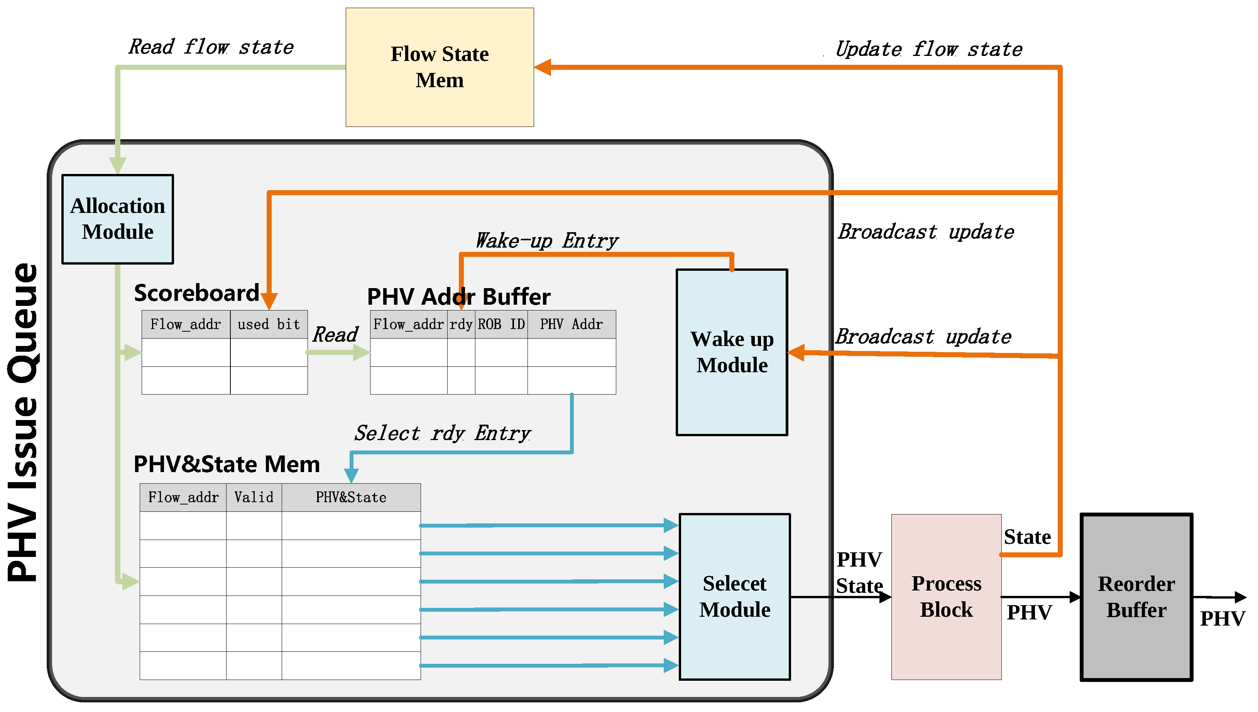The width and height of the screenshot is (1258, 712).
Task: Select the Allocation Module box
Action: pyautogui.click(x=117, y=219)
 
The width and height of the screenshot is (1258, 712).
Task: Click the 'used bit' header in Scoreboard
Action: pyautogui.click(x=269, y=324)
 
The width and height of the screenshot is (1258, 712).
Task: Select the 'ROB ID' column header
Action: pyautogui.click(x=501, y=324)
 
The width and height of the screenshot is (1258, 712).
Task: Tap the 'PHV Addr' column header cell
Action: pyautogui.click(x=571, y=324)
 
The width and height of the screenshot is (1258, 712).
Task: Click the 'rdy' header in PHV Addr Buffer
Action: pyautogui.click(x=461, y=324)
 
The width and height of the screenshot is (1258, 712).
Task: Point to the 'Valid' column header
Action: pyautogui.click(x=254, y=497)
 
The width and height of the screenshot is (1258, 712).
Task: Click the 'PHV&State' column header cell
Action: pyautogui.click(x=351, y=497)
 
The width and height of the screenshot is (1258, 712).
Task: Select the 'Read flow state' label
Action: pyautogui.click(x=211, y=47)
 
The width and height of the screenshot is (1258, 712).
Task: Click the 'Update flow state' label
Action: pyautogui.click(x=928, y=49)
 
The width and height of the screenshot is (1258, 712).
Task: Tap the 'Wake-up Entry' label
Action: pyautogui.click(x=546, y=241)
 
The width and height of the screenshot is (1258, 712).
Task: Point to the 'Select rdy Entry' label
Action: pyautogui.click(x=442, y=433)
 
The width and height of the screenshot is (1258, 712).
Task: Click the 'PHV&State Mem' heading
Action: pyautogui.click(x=227, y=464)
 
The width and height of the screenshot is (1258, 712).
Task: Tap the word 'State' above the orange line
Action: pyautogui.click(x=1027, y=537)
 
